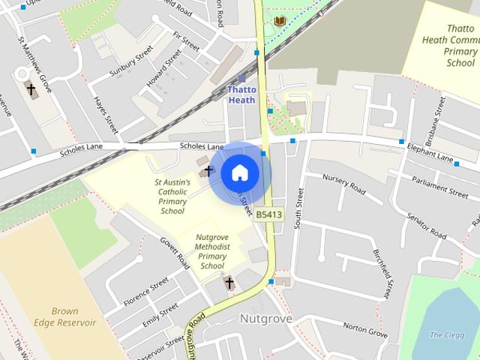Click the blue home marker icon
(x=239, y=173)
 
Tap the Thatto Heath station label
(x=241, y=94)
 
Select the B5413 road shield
(x=268, y=215)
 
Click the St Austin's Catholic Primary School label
(x=172, y=196)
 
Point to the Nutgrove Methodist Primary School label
(x=212, y=251)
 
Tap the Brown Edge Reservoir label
(x=75, y=316)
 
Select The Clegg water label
(x=445, y=334)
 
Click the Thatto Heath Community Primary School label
(x=459, y=46)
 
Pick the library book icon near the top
(x=280, y=21)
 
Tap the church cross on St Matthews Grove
(x=31, y=90)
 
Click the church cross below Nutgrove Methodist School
(x=229, y=283)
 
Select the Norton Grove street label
(x=364, y=328)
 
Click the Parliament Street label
(x=439, y=187)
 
